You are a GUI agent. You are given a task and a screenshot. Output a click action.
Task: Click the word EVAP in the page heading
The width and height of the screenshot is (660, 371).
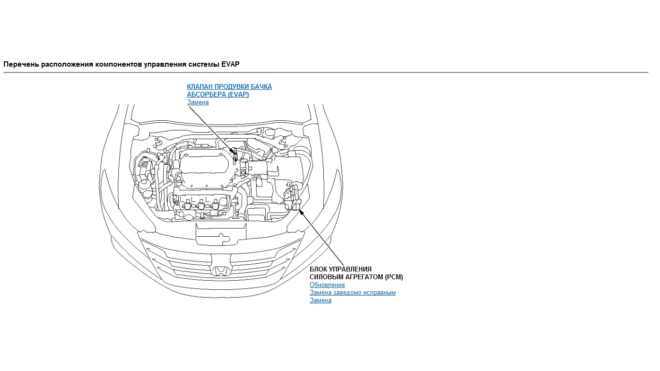pos(230,64)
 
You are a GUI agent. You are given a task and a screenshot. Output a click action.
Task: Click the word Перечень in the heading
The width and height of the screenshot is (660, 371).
pos(21,64)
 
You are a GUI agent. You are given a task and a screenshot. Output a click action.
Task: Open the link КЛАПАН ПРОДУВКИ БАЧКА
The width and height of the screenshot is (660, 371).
pos(229,86)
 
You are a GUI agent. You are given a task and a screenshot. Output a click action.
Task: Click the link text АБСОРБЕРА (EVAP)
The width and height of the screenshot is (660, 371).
pos(218,94)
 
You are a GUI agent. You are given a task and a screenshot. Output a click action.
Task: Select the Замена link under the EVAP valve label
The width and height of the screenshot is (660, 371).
pos(198,102)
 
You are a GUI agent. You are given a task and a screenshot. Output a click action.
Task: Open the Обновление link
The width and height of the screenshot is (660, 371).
pos(327,285)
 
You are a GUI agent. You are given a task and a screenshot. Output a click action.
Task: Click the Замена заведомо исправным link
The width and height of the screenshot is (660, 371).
pos(352,293)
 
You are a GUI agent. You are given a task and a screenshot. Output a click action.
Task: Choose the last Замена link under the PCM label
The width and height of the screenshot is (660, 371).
pos(320,300)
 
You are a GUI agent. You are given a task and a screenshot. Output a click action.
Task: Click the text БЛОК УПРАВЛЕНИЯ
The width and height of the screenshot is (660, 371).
pos(340,269)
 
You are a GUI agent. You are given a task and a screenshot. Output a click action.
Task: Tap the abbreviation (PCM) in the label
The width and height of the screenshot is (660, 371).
pos(394,277)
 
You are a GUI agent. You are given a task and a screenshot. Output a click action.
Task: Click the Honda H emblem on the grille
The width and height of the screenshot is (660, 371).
pos(220,271)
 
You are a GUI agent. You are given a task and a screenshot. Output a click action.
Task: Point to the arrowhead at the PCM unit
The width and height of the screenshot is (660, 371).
pos(300,211)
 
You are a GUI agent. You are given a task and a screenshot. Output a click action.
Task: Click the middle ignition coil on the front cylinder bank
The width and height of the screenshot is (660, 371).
pos(201,204)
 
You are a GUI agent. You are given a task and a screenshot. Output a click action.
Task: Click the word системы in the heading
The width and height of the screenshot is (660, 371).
pos(204,64)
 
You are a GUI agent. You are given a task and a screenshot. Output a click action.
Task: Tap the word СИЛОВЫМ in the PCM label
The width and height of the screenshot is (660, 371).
pos(327,277)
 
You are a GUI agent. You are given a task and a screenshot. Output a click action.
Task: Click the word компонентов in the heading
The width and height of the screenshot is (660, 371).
pos(119,64)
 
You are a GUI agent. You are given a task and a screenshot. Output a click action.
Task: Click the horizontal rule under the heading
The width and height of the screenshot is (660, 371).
pos(326,72)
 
